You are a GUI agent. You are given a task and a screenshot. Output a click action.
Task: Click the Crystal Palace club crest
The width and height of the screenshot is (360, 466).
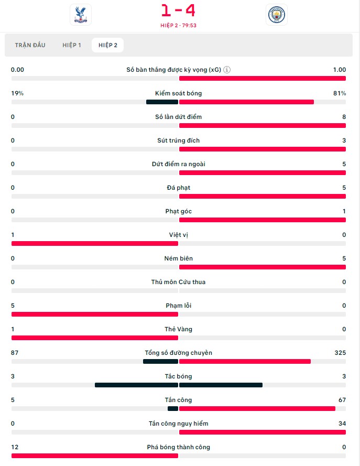pos(80,15)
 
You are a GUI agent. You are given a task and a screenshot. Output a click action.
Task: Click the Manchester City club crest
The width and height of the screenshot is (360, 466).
pos(276,15)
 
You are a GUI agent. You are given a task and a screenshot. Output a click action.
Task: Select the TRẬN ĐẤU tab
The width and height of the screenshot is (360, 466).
pos(30,45)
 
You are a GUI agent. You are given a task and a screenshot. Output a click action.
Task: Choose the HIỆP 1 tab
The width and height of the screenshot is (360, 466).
pos(71,45)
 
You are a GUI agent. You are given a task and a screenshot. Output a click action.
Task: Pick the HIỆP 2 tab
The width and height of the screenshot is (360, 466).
pos(107,45)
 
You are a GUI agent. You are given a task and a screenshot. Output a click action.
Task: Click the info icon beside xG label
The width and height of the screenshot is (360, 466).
pos(227,70)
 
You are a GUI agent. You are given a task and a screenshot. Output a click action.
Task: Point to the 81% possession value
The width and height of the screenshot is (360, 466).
pos(340,93)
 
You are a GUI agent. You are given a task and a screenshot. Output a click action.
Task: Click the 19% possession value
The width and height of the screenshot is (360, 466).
pos(17,93)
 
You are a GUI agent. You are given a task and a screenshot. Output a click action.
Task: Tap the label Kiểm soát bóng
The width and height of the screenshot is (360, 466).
pos(179,93)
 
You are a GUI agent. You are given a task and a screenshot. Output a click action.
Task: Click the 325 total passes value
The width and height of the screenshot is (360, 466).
pos(340,353)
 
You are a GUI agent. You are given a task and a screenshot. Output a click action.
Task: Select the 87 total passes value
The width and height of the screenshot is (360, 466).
pos(15,353)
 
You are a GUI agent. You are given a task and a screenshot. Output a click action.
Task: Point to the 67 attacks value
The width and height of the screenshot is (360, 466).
pos(342,400)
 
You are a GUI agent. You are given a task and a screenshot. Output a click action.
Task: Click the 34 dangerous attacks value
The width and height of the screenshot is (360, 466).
pos(342,424)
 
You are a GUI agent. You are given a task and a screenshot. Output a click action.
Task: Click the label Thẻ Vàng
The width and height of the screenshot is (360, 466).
pos(179,329)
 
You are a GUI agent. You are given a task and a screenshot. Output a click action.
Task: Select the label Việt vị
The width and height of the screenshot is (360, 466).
pos(179,235)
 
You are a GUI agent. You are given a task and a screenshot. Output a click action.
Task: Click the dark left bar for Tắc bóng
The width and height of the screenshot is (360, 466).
pos(136,385)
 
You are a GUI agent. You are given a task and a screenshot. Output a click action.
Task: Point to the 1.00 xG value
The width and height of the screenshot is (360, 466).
pos(339,70)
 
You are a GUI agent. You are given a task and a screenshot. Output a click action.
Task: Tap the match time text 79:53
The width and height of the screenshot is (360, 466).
pos(189,25)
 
